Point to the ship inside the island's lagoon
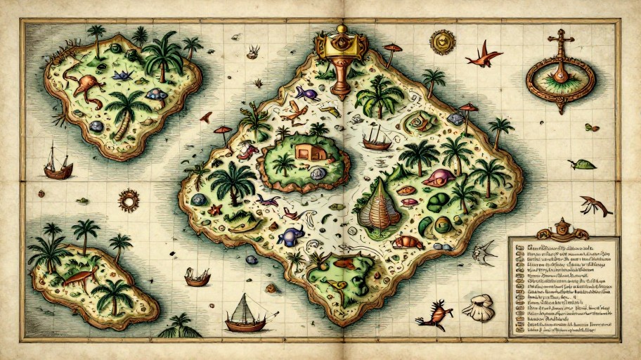point(377,138)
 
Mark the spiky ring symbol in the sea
point(129,200)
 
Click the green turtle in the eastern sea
point(583,165)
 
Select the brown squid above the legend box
point(595,206)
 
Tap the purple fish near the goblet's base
point(306,92)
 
